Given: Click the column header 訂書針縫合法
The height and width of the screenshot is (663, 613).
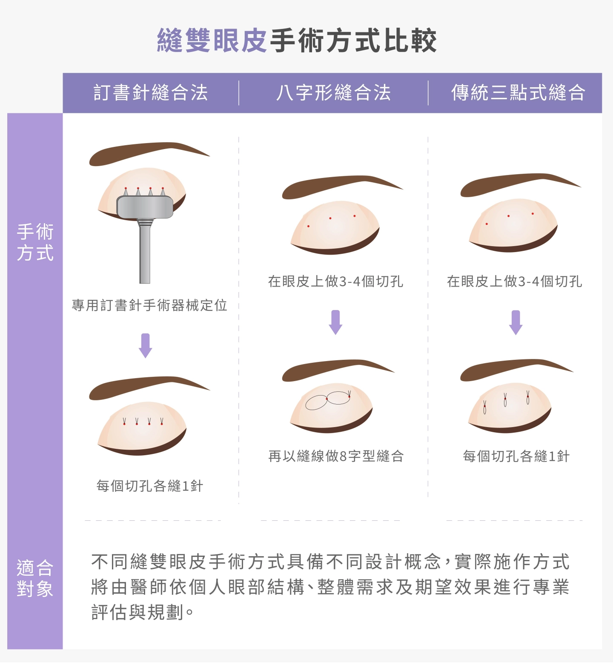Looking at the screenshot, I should pyautogui.click(x=151, y=93).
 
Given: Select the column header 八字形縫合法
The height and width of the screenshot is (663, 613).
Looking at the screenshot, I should pyautogui.click(x=333, y=93).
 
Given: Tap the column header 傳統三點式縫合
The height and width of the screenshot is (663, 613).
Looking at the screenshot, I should pyautogui.click(x=518, y=93).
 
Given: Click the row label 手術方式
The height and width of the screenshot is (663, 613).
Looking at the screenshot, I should pyautogui.click(x=35, y=242).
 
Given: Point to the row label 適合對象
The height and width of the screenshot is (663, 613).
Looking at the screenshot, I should pyautogui.click(x=35, y=578).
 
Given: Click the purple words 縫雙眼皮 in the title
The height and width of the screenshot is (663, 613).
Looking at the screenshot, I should pyautogui.click(x=212, y=41).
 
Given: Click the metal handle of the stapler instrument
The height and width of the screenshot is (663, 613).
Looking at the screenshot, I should pyautogui.click(x=145, y=251).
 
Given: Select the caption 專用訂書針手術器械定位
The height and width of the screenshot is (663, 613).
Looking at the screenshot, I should pyautogui.click(x=149, y=305).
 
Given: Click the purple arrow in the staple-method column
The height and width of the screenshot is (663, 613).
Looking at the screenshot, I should pyautogui.click(x=146, y=345).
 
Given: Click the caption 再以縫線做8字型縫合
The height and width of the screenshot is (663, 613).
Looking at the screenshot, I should pyautogui.click(x=336, y=456).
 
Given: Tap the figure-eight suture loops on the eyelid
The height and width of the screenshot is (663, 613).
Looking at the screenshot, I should pyautogui.click(x=328, y=400).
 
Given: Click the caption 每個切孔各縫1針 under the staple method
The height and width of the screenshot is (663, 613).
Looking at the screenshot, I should pyautogui.click(x=149, y=485).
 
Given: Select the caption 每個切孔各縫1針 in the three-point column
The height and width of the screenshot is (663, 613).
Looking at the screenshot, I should pyautogui.click(x=516, y=456).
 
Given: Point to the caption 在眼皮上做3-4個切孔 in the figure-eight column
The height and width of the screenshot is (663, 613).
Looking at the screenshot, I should pyautogui.click(x=335, y=281).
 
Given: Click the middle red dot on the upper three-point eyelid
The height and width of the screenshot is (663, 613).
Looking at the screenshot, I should pyautogui.click(x=508, y=216).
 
